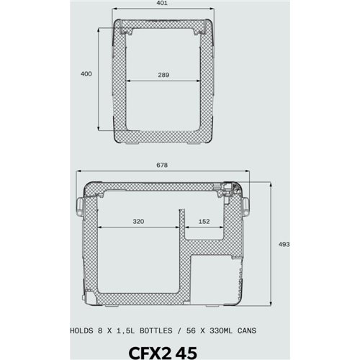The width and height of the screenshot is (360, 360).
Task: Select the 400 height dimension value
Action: tap(86, 73)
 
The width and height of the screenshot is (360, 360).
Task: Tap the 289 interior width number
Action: tap(166, 75)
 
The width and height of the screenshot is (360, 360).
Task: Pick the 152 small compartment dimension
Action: tap(204, 221)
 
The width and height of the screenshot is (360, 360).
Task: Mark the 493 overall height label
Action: tap(284, 245)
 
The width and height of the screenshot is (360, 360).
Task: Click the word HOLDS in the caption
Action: tap(85, 331)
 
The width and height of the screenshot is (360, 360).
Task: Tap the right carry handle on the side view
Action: tap(248, 207)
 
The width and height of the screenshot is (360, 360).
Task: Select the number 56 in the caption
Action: tap(189, 331)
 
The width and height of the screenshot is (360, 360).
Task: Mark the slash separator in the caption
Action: tap(177, 331)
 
